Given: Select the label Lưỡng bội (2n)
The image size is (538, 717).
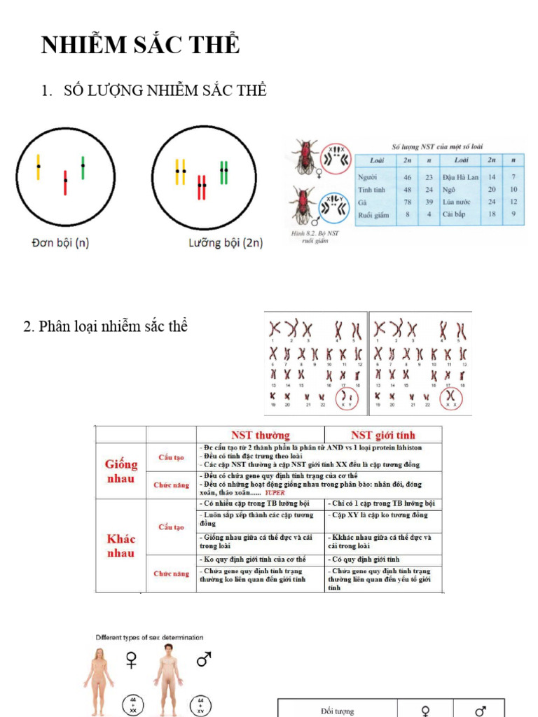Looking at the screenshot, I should coord(226,243).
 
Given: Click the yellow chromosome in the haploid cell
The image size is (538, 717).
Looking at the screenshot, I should coord(39,167).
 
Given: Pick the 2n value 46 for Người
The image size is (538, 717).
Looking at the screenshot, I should coord(406,177).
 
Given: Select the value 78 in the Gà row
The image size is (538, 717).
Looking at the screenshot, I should coord(406,202).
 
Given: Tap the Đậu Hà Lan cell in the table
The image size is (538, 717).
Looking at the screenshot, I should coord(460,177).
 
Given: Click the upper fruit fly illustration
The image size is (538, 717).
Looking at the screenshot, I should coord(305,158).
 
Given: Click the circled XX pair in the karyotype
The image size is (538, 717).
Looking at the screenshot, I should coord(452,398).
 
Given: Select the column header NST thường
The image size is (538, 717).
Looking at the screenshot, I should coord(260,435).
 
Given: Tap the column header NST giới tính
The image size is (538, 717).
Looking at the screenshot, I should coord(382,435).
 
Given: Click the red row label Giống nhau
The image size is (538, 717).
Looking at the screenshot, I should coord(120,471).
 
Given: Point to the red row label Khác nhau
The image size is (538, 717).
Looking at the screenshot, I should coord(120,545).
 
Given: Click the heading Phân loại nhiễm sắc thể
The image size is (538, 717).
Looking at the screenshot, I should coord(106,326).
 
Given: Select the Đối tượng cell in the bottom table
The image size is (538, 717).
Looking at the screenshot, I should coord(337,710).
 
